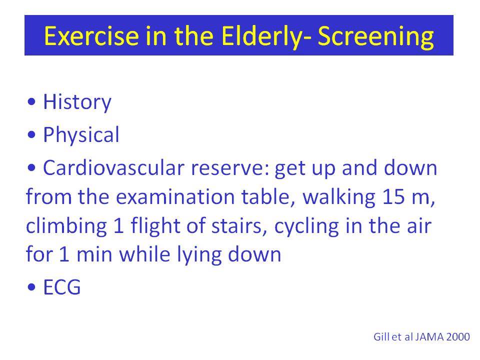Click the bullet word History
click(77, 102)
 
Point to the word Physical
click(81, 135)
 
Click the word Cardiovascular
click(113, 168)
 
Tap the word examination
click(175, 196)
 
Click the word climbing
click(66, 226)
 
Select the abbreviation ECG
click(62, 287)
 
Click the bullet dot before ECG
click(31, 287)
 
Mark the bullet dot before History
click(31, 101)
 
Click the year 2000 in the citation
click(458, 336)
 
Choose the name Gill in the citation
click(381, 336)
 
